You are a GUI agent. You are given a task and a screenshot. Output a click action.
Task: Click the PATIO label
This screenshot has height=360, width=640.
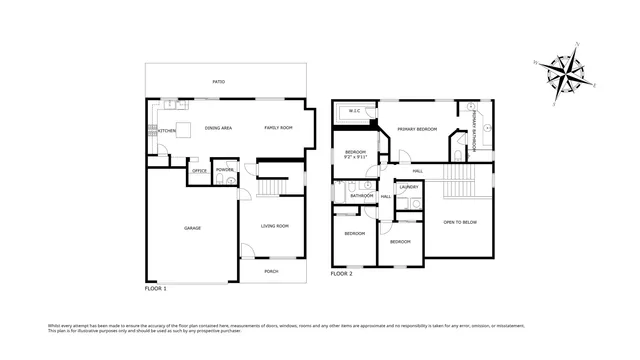click(218, 82)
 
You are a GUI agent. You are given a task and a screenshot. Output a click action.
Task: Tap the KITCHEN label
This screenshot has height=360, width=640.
click(166, 129)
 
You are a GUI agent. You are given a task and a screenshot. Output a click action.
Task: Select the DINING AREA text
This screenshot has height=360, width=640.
click(218, 129)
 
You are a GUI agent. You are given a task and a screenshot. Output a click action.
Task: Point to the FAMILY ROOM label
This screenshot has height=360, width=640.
click(278, 129)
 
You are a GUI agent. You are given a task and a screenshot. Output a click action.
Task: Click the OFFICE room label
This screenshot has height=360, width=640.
click(199, 171)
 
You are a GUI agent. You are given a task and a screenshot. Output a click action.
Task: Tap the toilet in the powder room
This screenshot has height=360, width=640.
click(231, 181)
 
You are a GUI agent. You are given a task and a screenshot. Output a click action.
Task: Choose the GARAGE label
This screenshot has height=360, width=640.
click(192, 228)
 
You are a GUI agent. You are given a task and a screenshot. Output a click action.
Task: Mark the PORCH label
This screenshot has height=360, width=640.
click(272, 271)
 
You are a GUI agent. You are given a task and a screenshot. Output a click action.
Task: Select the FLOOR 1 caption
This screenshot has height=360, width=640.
click(156, 288)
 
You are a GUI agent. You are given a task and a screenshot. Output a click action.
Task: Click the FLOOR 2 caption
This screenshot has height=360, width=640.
click(342, 273)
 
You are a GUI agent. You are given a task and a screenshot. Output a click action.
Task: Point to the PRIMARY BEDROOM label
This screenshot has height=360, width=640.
click(417, 130)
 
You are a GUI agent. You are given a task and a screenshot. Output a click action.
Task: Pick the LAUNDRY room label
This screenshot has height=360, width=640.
click(409, 187)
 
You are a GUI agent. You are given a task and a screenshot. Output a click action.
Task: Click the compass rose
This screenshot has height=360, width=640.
click(567, 74)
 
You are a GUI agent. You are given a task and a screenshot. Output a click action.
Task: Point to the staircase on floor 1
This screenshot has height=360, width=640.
click(270, 187)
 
